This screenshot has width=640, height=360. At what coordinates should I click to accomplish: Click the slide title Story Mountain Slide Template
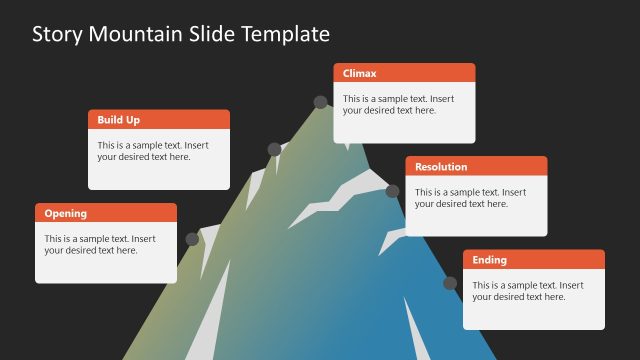click(181, 35)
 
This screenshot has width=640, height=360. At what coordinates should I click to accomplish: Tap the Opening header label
click(66, 213)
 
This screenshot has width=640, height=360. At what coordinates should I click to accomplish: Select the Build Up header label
click(119, 120)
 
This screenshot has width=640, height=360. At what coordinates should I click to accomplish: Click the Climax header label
click(360, 73)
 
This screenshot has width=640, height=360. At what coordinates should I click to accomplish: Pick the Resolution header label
click(441, 167)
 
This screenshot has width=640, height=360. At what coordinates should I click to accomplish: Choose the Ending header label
click(490, 260)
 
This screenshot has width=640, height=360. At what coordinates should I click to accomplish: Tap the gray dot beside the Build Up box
click(274, 149)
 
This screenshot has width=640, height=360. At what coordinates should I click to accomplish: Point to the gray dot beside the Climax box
click(321, 102)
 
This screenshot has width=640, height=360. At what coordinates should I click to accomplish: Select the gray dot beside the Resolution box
click(392, 191)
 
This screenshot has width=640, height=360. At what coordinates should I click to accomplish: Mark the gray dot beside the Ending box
click(450, 283)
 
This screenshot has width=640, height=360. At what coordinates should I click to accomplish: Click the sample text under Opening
click(100, 244)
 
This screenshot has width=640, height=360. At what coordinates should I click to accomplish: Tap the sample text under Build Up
click(153, 151)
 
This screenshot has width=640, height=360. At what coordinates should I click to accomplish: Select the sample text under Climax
click(399, 105)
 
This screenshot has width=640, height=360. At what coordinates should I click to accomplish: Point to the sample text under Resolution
click(470, 198)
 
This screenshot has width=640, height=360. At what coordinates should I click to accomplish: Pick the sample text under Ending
click(528, 291)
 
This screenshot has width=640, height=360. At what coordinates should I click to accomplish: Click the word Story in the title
click(57, 35)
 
